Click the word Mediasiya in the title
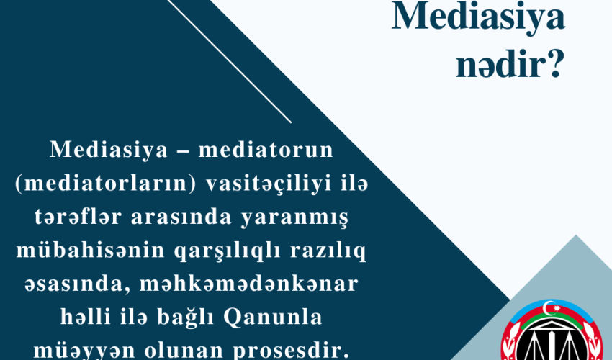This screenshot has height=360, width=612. click(477, 18)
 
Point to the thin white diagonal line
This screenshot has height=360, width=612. click(230, 61)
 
